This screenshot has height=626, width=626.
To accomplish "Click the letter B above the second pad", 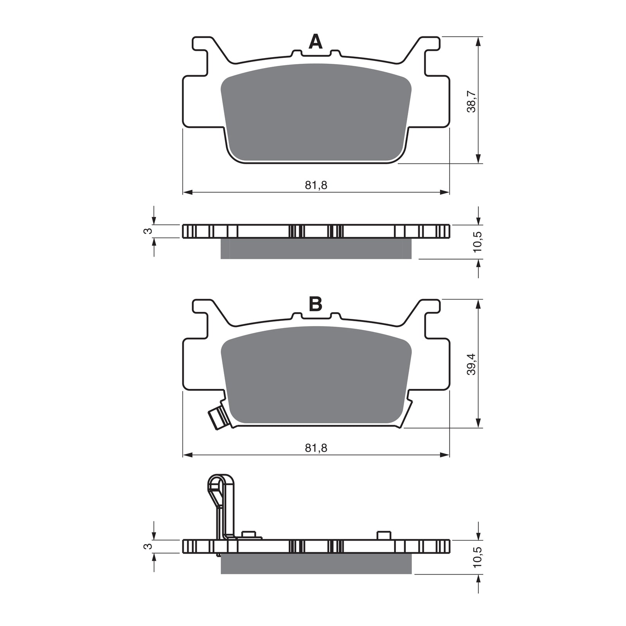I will click(315, 304).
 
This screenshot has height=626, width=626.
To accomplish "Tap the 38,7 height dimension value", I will click(472, 102).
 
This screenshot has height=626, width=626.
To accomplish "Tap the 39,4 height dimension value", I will click(472, 364).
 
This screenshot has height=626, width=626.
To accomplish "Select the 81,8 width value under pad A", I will click(316, 185).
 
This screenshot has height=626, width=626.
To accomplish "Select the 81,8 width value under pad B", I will click(316, 448).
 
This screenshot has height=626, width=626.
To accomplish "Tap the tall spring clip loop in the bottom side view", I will click(221, 489).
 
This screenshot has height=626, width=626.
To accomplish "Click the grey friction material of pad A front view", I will click(316, 113).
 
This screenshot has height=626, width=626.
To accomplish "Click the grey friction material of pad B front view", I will click(316, 376).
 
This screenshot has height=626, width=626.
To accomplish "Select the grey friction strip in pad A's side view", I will click(316, 248).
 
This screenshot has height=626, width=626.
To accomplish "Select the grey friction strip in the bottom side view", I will click(316, 564).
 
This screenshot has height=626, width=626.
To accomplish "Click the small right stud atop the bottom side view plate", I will click(384, 535).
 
